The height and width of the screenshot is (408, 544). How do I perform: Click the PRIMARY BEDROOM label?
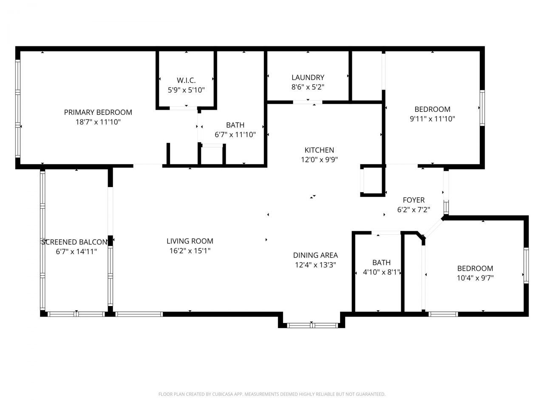[x=98, y=112]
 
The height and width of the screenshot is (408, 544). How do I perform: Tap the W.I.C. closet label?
[x=186, y=80]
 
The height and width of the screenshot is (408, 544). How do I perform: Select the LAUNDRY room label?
[x=308, y=77]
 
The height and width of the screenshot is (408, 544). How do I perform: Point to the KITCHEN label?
[x=319, y=150]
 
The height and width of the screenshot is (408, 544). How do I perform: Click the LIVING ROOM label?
[x=190, y=241]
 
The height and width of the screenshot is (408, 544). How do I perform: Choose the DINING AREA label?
[x=315, y=255]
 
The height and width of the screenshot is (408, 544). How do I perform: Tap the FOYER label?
[x=414, y=200]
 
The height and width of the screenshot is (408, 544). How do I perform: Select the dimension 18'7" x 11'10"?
[x=98, y=122]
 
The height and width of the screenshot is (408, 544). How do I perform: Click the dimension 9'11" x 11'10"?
[x=432, y=119]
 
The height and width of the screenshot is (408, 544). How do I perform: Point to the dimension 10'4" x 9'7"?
[x=475, y=278]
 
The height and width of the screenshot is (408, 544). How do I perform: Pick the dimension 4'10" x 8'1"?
[x=381, y=272]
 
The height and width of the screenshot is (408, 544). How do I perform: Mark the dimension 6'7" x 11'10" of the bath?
[x=235, y=135]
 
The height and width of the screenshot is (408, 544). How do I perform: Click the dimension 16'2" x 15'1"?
[x=190, y=251]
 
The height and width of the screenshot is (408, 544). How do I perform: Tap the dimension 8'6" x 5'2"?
[x=308, y=87]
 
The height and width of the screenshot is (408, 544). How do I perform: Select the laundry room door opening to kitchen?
[x=308, y=102]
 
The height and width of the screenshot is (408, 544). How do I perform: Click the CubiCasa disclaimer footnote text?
[x=272, y=394]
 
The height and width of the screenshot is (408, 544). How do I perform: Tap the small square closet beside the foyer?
[x=372, y=181]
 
